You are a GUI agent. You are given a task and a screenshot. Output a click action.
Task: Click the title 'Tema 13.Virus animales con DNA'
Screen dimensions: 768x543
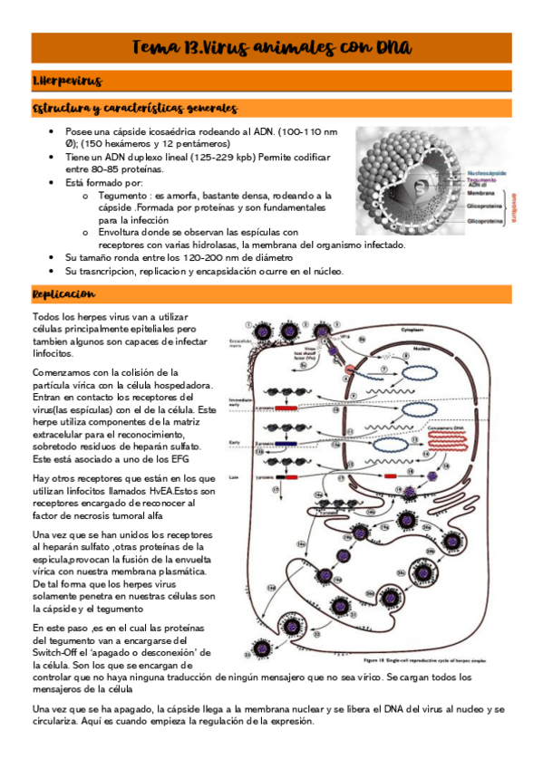click(x=271, y=46)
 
